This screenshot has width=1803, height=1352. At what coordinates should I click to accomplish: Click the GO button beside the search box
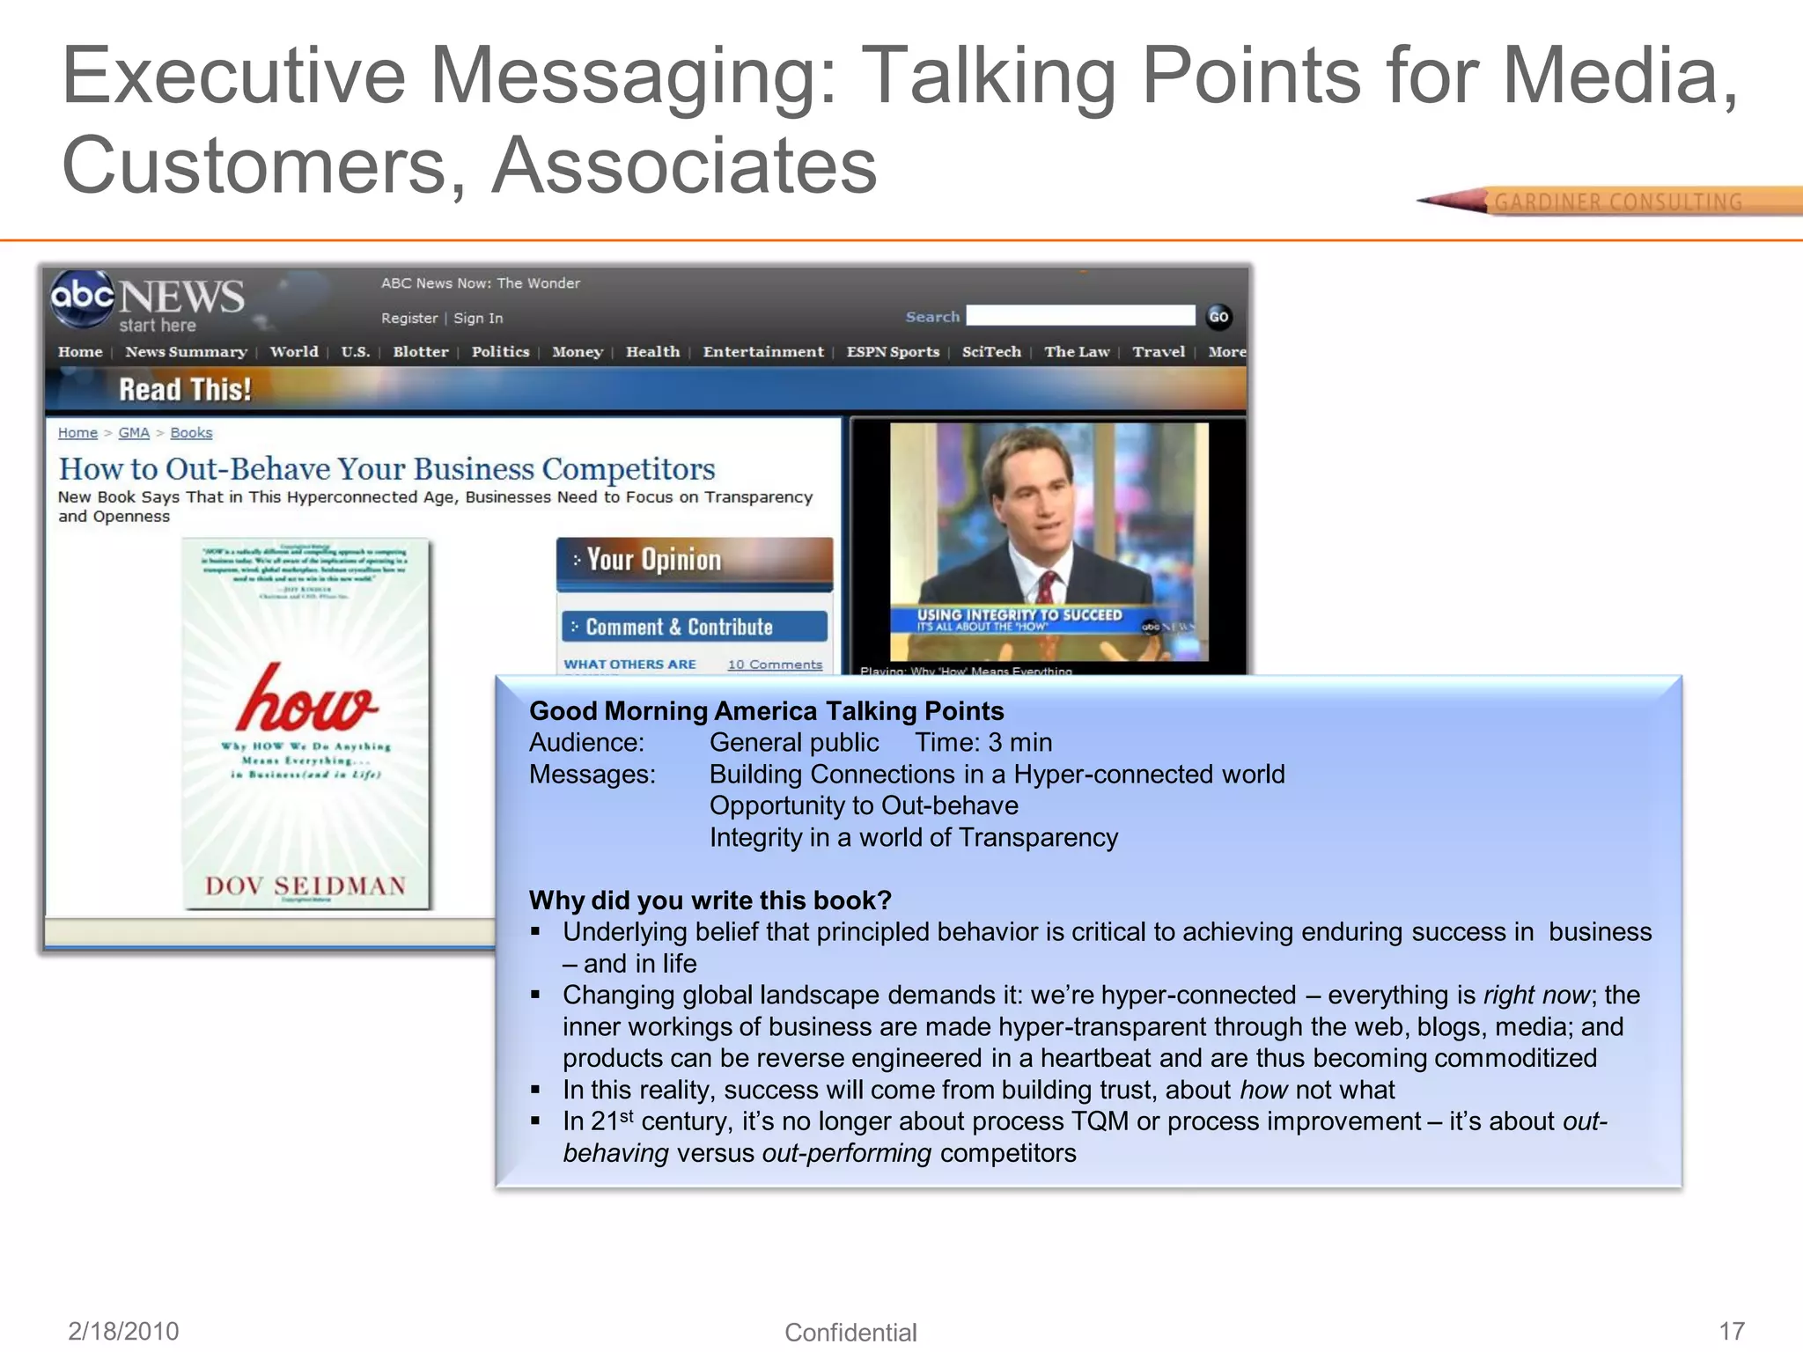(1218, 317)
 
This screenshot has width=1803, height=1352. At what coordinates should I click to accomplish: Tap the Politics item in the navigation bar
(500, 352)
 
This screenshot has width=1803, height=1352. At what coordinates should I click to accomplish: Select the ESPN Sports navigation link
(893, 352)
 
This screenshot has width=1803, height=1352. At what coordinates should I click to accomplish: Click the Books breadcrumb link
(191, 433)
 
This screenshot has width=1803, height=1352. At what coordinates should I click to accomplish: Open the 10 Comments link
(775, 665)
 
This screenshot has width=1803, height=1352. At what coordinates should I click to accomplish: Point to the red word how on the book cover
(307, 699)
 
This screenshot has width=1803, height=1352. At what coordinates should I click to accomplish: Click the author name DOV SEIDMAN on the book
(305, 885)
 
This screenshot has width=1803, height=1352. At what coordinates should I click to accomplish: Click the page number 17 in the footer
(1732, 1330)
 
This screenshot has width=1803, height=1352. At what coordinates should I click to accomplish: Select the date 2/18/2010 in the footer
(123, 1331)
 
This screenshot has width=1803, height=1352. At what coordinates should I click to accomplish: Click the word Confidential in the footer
(850, 1333)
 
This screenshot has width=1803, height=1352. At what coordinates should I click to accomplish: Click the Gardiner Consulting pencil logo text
(1618, 202)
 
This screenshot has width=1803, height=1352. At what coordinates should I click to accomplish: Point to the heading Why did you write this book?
(710, 900)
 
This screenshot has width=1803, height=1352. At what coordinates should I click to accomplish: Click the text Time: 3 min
(983, 743)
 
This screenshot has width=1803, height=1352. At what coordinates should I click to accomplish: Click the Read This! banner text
(185, 389)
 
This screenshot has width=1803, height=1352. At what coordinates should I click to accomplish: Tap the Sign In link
(478, 319)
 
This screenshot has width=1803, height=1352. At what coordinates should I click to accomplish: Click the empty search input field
(1080, 316)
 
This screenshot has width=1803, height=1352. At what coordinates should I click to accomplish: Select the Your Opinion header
(653, 560)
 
